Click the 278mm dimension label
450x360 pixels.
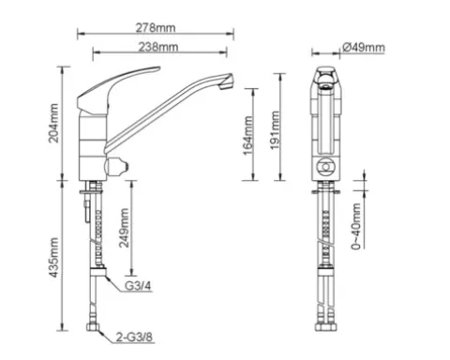[x=156, y=28]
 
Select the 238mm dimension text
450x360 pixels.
[x=158, y=47]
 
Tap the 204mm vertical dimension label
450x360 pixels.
[x=53, y=123]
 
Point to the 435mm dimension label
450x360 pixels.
[x=53, y=258]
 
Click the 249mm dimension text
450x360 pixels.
[x=124, y=228]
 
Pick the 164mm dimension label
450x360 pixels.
[x=247, y=136]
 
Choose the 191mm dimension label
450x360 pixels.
[x=275, y=130]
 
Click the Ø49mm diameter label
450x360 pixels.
[x=364, y=47]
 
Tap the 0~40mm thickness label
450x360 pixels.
[x=356, y=227]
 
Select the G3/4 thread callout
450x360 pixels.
[x=138, y=286]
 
